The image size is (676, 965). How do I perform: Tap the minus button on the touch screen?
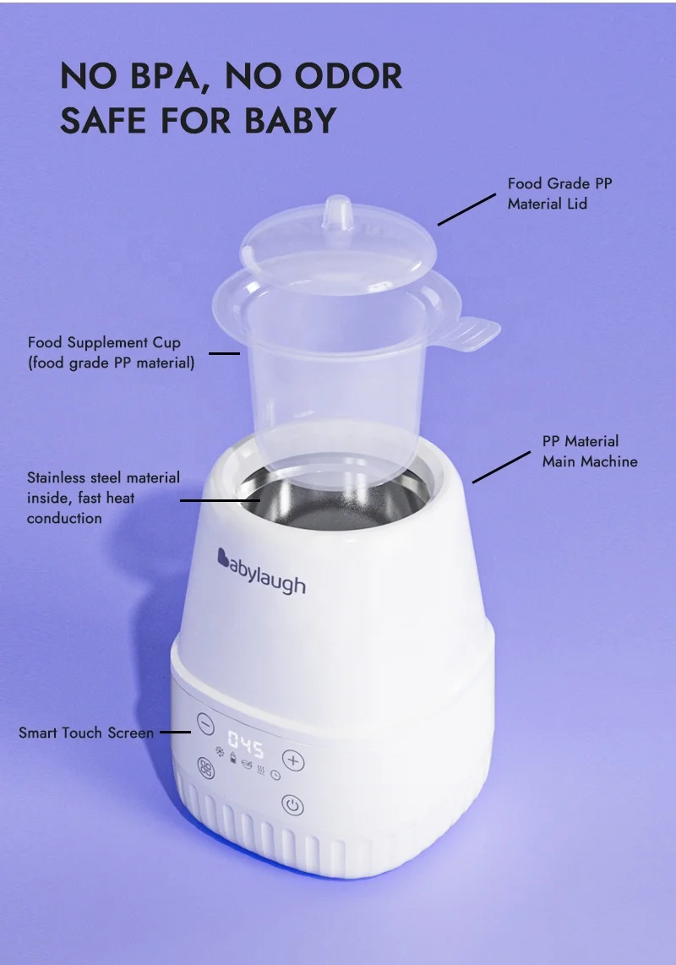click(x=205, y=724)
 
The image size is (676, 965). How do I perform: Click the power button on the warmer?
click(x=293, y=805)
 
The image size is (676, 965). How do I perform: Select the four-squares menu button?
click(x=205, y=768)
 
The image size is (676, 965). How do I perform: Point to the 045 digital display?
click(x=246, y=748)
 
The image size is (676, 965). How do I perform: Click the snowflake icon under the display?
click(x=220, y=752)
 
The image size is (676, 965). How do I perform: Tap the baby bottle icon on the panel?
click(x=233, y=757)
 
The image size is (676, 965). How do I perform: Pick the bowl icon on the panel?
click(x=247, y=765)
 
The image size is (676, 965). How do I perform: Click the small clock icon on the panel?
click(x=275, y=776)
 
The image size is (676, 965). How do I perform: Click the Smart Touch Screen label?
click(x=86, y=733)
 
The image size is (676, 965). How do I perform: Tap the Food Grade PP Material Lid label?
click(x=559, y=194)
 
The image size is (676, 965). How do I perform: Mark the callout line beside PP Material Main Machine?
click(x=501, y=466)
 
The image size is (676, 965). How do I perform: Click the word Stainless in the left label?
click(x=59, y=478)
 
